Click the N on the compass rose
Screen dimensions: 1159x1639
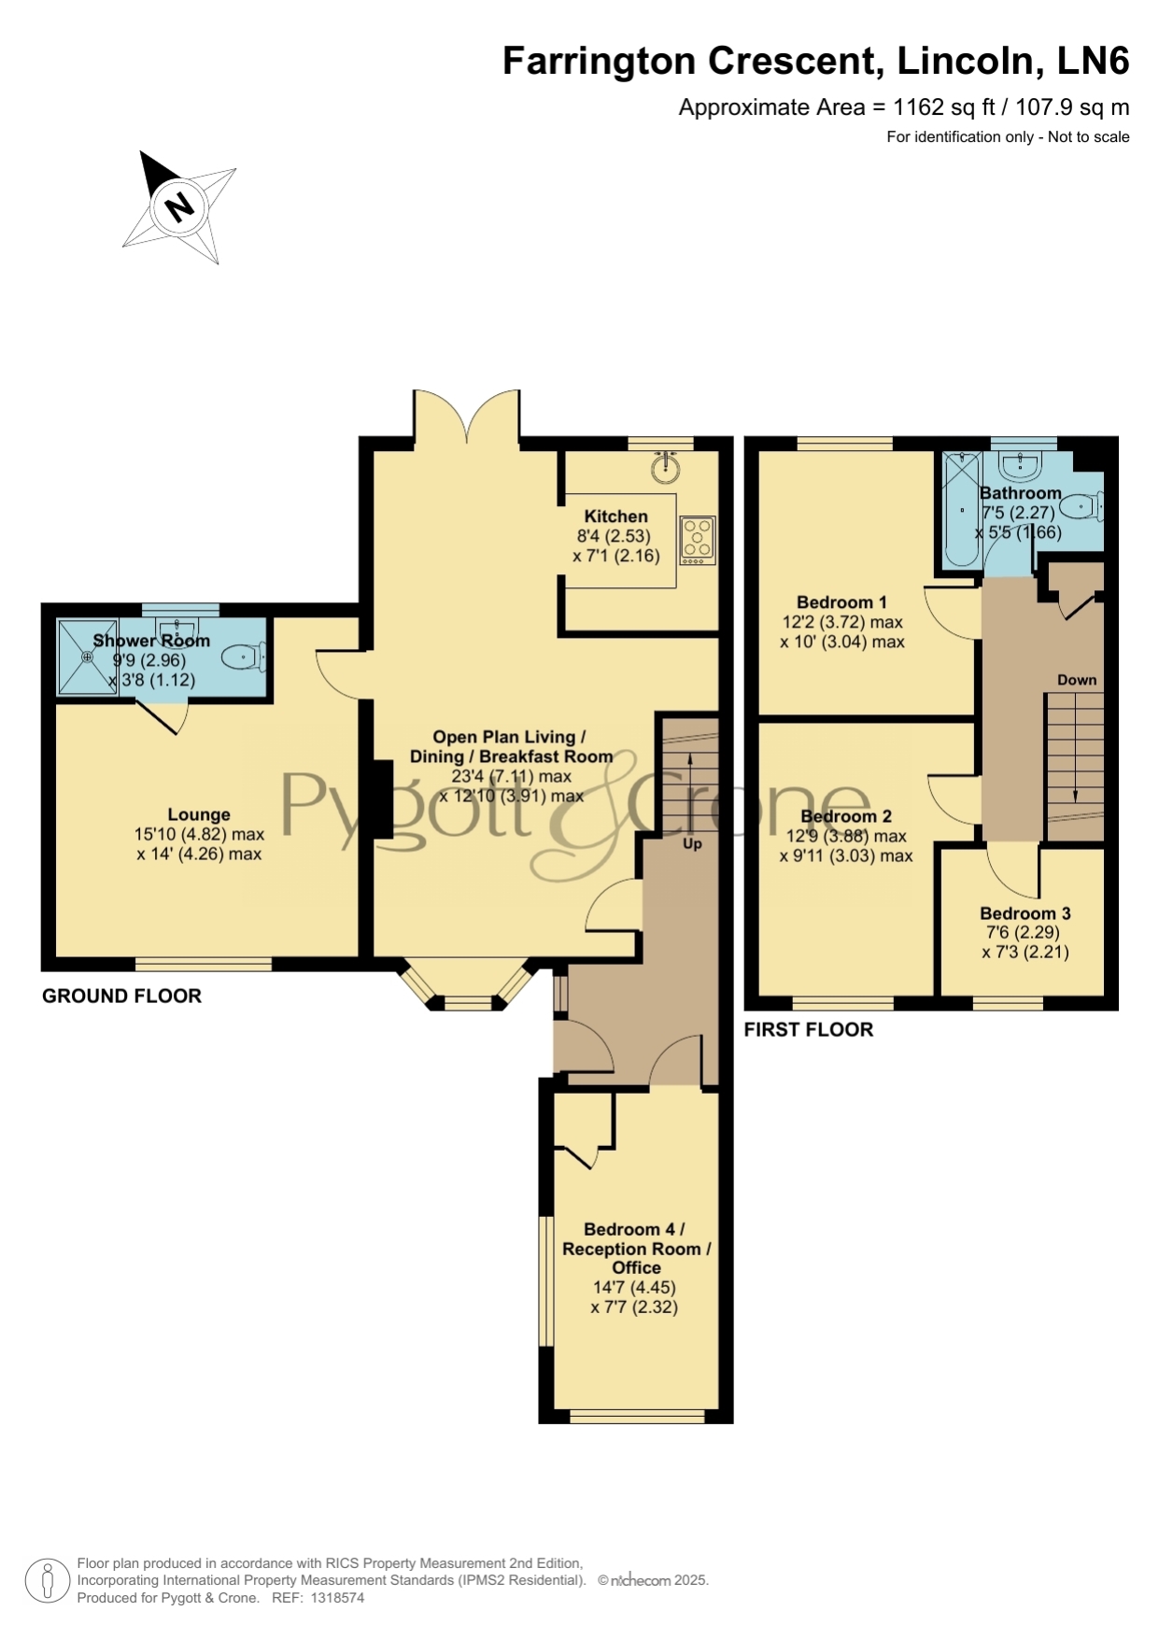[x=178, y=205]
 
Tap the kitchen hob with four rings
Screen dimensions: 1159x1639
[x=697, y=541]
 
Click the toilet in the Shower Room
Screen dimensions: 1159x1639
[x=245, y=657]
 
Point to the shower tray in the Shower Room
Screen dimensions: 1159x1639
[x=88, y=657]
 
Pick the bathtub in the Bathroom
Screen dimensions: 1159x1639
[x=962, y=510]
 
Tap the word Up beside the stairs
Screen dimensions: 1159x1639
[x=692, y=843]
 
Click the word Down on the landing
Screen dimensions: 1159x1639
[x=1077, y=680]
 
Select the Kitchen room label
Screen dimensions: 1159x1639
[x=616, y=516]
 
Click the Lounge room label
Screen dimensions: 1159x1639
[x=199, y=814]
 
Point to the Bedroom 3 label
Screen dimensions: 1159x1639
[x=1025, y=913]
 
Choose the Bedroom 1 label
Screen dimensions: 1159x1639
[x=842, y=602]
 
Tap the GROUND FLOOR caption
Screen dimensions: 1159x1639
[x=122, y=996]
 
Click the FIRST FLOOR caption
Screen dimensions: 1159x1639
[x=809, y=1030]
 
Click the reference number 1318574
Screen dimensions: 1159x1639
[x=337, y=1598]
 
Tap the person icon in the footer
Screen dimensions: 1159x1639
[x=47, y=1581]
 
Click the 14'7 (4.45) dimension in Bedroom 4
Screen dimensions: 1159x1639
[x=634, y=1287]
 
